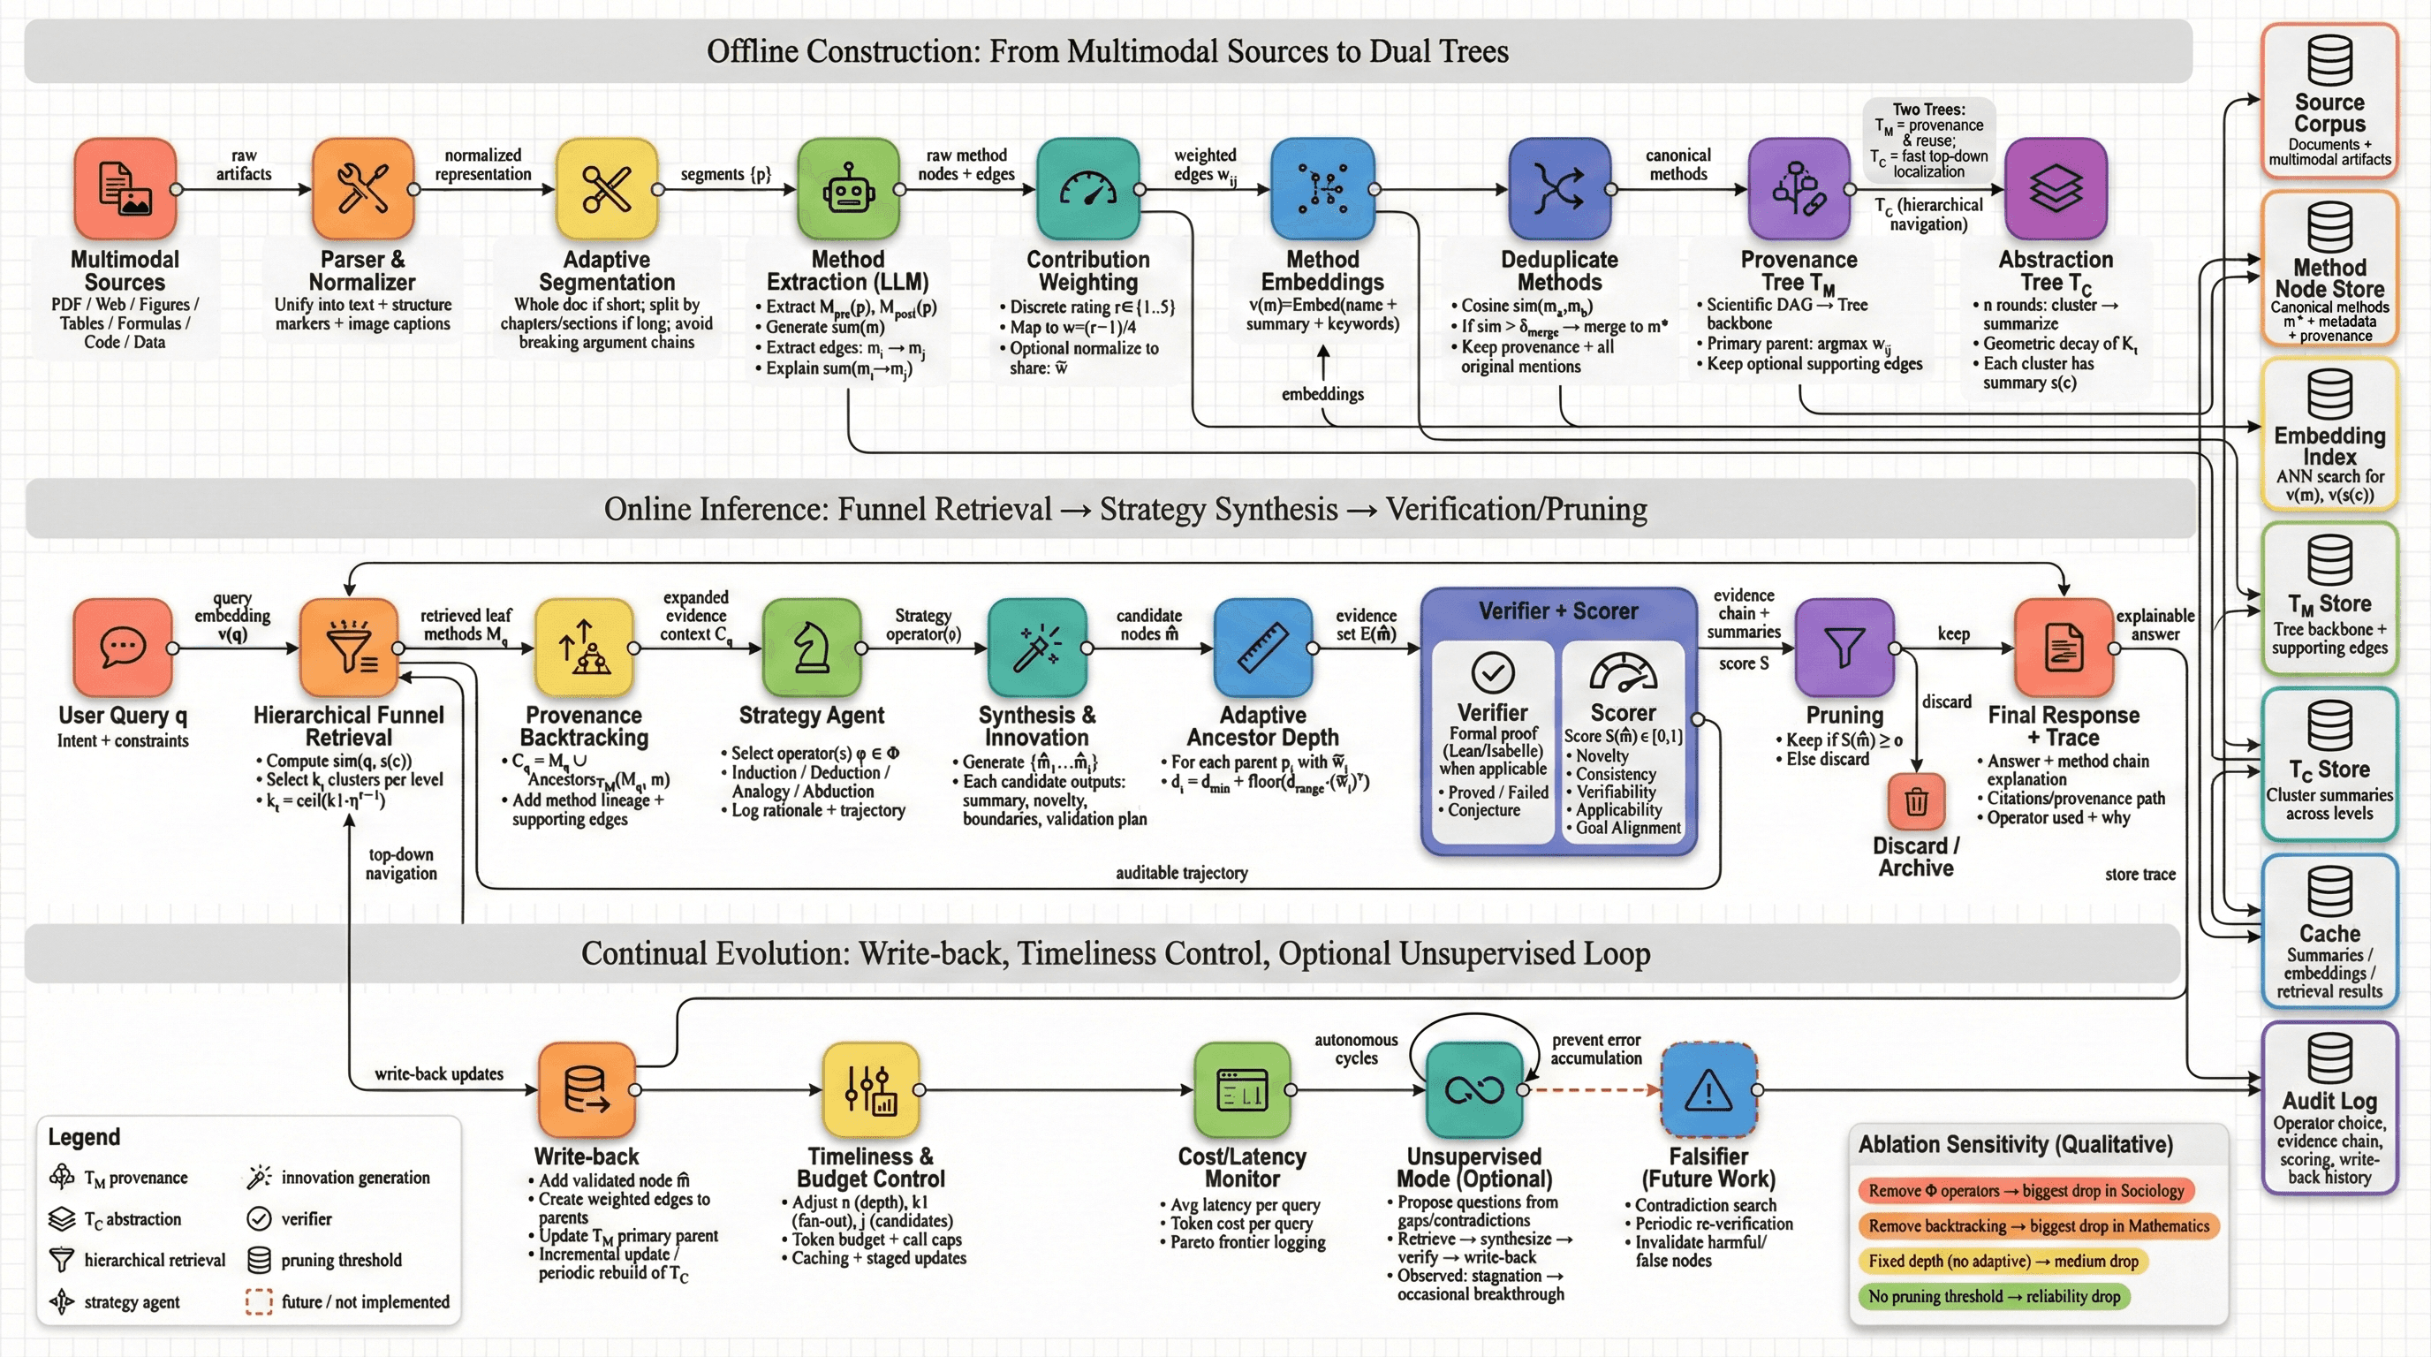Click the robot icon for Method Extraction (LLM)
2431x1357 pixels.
(847, 189)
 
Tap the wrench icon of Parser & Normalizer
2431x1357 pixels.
(362, 189)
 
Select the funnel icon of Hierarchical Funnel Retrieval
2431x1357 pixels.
(349, 648)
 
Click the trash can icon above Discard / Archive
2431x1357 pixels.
(1916, 801)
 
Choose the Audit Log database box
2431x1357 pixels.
(2329, 1107)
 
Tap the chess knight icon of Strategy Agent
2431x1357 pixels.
(812, 648)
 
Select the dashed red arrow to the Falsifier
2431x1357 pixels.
(1593, 1090)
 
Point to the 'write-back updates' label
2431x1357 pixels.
(439, 1074)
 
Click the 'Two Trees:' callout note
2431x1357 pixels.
(1928, 140)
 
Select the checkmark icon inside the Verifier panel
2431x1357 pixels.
(1493, 673)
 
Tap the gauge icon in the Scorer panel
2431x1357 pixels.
(1624, 673)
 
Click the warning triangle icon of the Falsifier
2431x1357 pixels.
(1708, 1091)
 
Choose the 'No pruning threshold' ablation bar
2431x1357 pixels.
(1993, 1297)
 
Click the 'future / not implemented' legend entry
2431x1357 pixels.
(349, 1302)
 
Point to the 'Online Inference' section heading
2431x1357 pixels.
(1125, 510)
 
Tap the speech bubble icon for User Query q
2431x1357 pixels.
(123, 648)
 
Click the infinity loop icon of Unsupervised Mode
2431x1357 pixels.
(1474, 1091)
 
